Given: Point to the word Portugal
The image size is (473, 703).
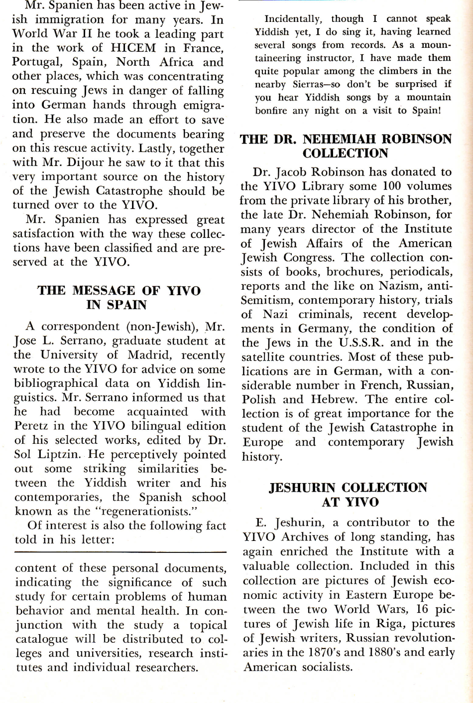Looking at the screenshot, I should coord(35,62).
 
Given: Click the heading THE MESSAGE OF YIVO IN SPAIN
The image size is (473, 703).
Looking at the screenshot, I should coord(119,297).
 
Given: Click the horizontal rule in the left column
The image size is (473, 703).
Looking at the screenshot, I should coord(120,552).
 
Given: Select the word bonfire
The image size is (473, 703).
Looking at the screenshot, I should coord(272,110).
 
